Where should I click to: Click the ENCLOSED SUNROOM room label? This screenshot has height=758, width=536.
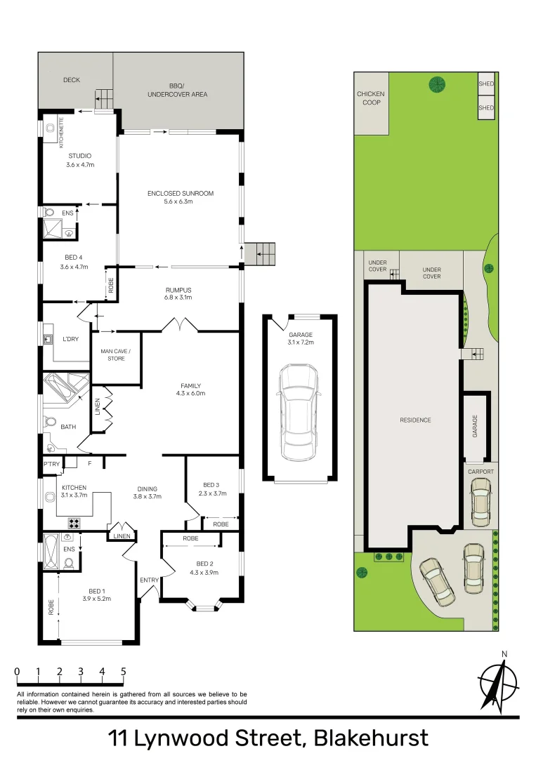[181, 194]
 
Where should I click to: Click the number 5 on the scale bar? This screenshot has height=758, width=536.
[124, 672]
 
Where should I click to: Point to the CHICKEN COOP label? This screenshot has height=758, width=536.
[371, 98]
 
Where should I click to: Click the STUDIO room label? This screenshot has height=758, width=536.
[80, 156]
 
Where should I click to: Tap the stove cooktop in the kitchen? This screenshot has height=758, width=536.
[74, 523]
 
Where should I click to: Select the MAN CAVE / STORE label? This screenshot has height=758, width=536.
[116, 355]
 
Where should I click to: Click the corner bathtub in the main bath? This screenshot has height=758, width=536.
[65, 387]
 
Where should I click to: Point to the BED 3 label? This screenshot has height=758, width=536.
[211, 485]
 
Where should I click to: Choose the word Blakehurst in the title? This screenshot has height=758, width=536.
[372, 738]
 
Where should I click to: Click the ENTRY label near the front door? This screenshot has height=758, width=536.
[150, 580]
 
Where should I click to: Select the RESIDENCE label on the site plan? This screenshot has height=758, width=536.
[415, 420]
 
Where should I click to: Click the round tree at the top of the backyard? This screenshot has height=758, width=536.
[437, 85]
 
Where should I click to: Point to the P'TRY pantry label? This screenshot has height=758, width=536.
[52, 464]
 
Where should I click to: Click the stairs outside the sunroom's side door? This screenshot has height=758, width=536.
[259, 254]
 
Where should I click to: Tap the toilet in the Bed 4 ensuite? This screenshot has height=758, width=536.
[49, 212]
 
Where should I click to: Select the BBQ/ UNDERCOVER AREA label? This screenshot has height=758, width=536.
[177, 90]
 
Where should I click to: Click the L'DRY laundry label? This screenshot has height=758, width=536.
[71, 339]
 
